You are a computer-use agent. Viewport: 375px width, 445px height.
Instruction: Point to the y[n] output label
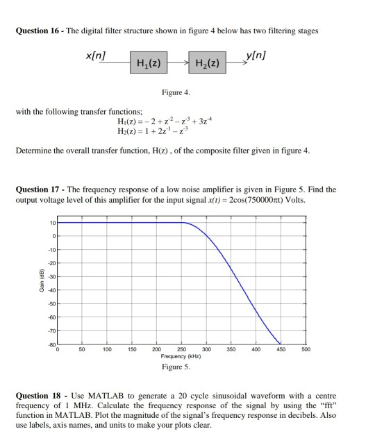coord(256,55)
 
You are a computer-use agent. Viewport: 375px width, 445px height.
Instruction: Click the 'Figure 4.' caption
coord(174,92)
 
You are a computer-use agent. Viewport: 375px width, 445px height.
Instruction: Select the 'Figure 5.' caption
coord(175,366)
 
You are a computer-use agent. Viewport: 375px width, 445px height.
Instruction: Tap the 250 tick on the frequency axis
coord(182,349)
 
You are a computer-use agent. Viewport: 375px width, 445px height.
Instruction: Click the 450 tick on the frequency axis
coord(281,349)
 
